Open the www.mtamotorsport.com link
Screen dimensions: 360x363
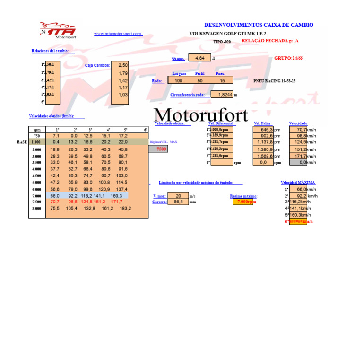point(118,34)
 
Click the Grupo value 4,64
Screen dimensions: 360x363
point(199,58)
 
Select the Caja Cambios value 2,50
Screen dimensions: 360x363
point(123,65)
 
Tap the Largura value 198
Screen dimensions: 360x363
point(178,81)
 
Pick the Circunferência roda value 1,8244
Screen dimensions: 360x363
point(222,95)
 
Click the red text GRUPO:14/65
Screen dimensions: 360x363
point(289,58)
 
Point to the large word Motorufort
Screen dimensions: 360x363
point(201,115)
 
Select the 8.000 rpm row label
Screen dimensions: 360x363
point(36,209)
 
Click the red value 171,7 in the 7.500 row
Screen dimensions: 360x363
point(116,202)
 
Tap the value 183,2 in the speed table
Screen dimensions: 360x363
point(125,208)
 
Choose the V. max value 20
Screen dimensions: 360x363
point(178,196)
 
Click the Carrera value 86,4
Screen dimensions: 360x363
point(178,202)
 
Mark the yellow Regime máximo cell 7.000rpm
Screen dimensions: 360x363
point(246,202)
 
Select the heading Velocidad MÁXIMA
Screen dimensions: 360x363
point(298,183)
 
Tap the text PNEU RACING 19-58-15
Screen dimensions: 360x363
point(275,81)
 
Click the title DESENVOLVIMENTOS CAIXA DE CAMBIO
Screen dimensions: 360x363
point(259,25)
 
